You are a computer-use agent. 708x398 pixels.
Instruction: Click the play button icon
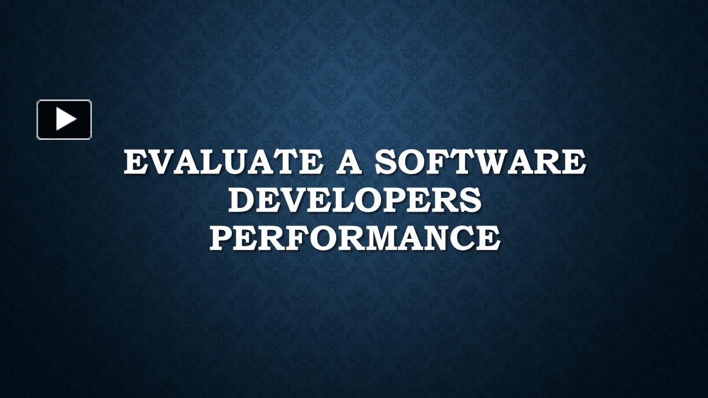pyautogui.click(x=64, y=119)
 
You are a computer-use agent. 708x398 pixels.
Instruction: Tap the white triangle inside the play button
pyautogui.click(x=66, y=119)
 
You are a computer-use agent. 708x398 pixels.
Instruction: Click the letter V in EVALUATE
pyautogui.click(x=163, y=163)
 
